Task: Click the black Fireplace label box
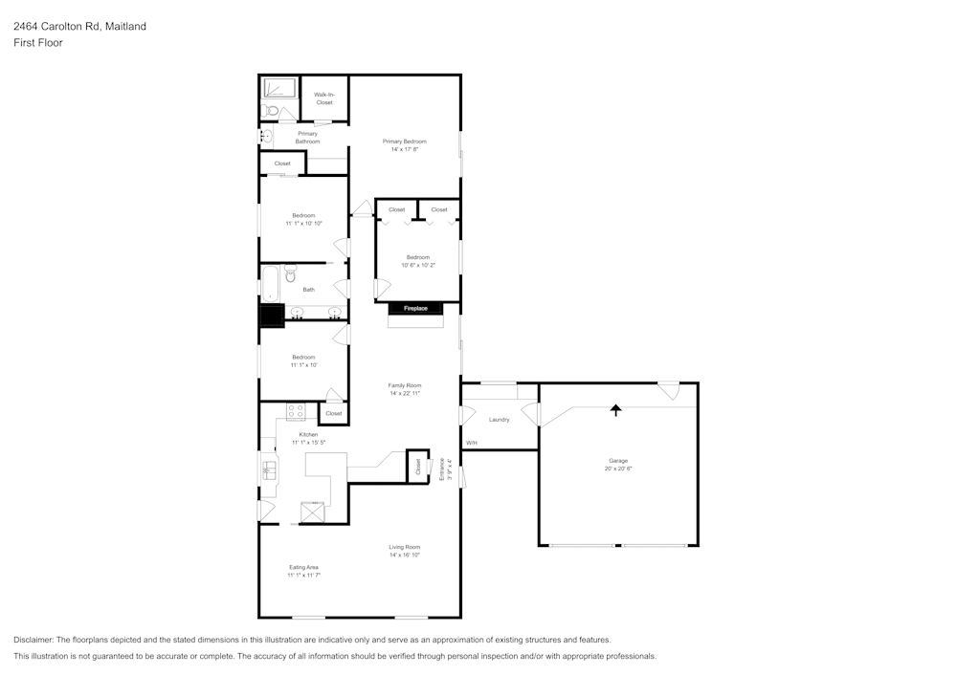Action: [414, 308]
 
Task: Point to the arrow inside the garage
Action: [616, 410]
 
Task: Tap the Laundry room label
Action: [499, 420]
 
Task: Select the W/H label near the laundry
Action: [471, 444]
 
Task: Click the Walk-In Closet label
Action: [324, 98]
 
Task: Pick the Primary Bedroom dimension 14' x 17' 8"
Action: [405, 149]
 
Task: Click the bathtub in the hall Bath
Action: [270, 285]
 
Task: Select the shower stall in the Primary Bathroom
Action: [279, 88]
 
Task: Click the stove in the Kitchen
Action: [296, 412]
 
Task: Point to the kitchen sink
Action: [269, 469]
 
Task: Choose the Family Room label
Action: [405, 385]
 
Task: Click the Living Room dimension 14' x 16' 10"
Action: [405, 556]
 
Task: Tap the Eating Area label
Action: [303, 567]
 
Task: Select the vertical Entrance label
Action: [442, 466]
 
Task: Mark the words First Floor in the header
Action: [38, 43]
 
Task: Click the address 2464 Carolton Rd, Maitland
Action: [79, 27]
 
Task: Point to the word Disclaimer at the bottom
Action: [33, 640]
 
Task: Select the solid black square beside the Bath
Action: [272, 316]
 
